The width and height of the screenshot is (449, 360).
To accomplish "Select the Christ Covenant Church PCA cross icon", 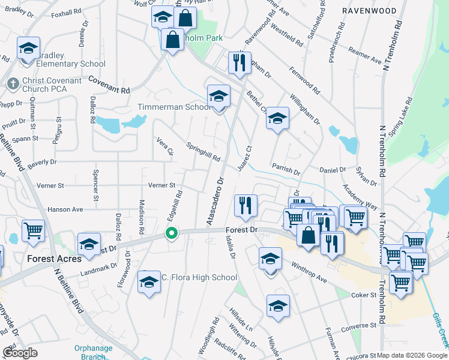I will pos(12,85).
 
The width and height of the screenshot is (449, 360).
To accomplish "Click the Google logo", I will pos(20,353).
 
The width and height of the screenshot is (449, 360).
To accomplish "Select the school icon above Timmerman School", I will pos(218,96).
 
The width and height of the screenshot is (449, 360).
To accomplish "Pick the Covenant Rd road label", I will pos(109,85).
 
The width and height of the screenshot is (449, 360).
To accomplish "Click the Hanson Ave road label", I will pos(65,209).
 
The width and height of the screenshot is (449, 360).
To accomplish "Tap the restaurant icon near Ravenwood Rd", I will pos(240,62).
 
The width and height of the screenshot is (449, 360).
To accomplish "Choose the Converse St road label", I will pos(358,328).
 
